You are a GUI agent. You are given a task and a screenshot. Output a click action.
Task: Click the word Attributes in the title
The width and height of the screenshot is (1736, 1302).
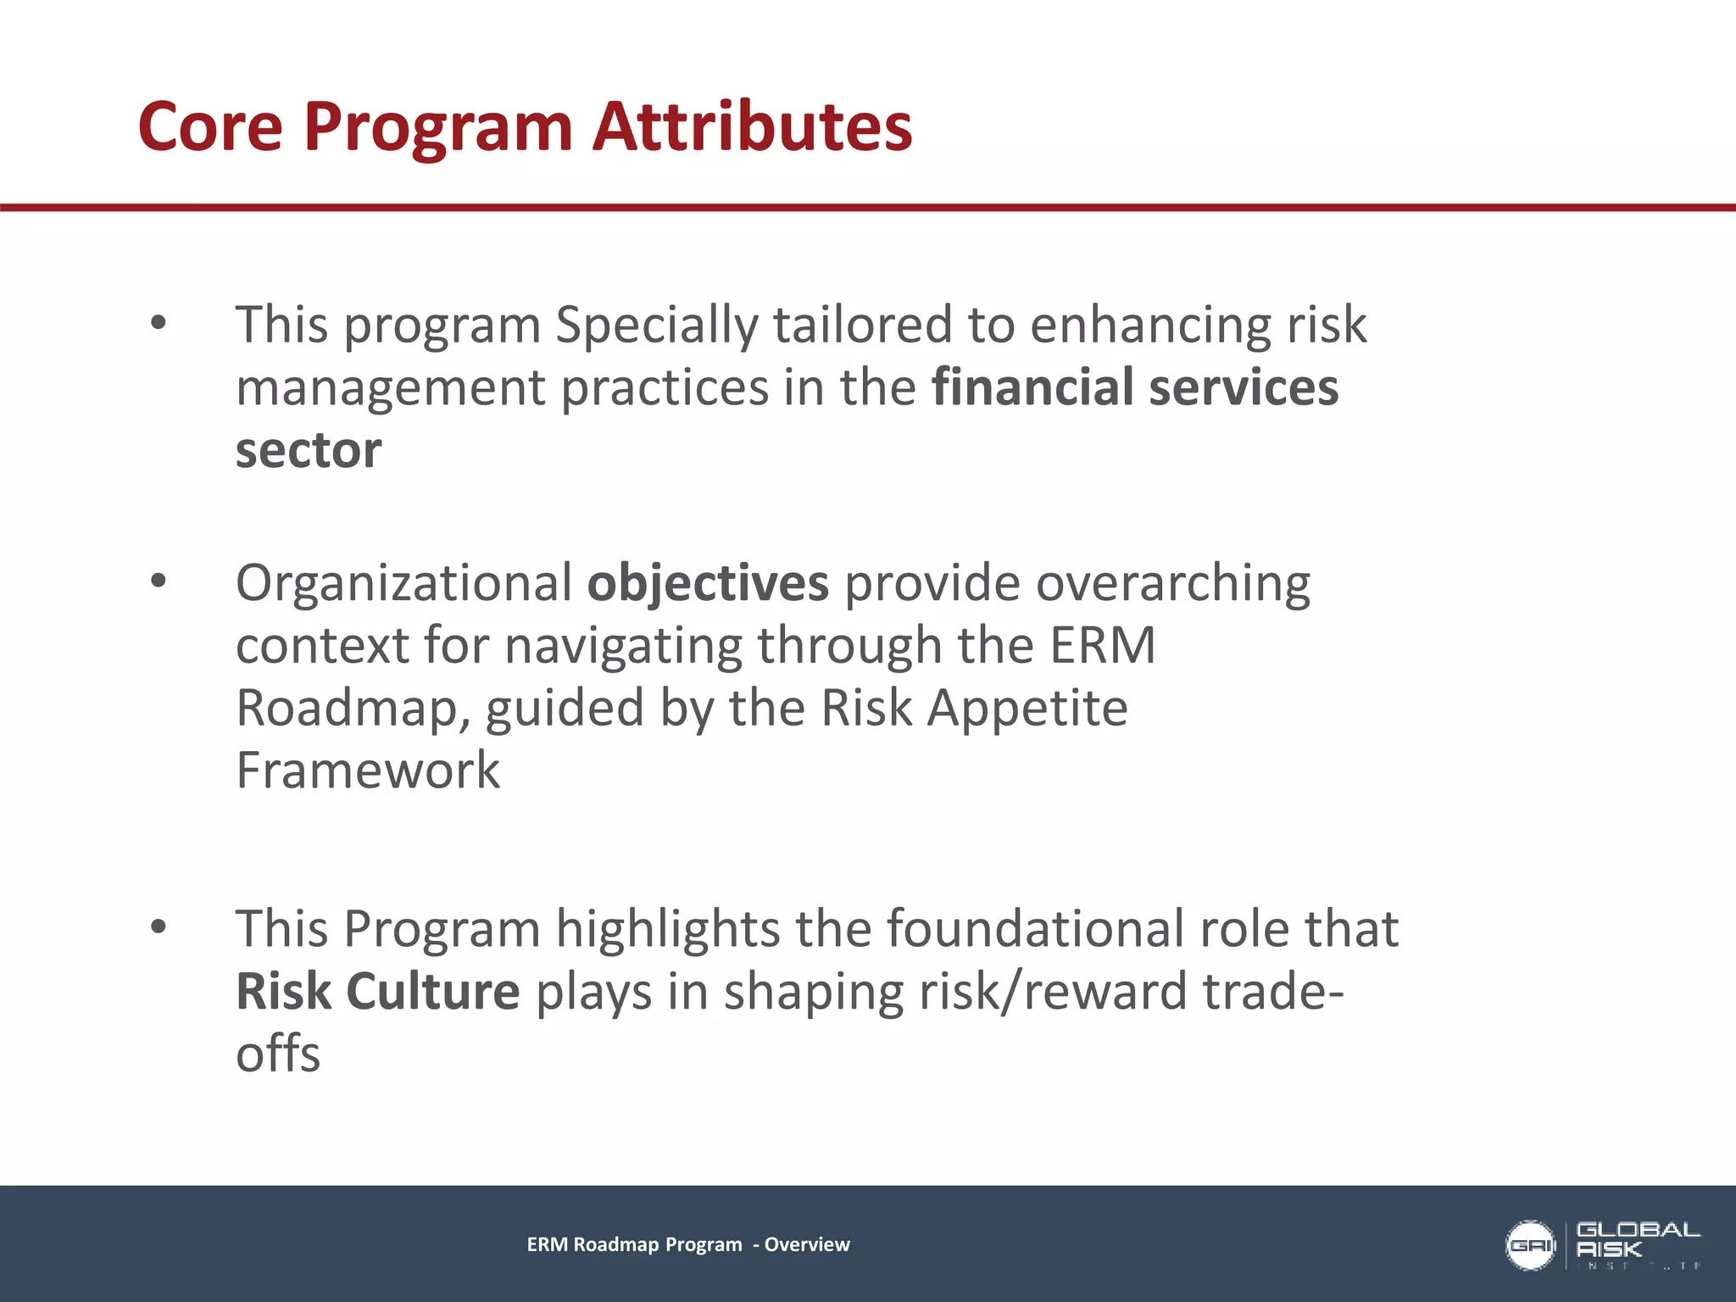coord(752,127)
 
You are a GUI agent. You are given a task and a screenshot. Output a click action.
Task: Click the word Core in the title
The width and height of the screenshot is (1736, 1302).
coord(210,127)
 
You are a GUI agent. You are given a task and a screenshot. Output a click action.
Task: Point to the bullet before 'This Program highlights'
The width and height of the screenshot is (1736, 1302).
coord(159,926)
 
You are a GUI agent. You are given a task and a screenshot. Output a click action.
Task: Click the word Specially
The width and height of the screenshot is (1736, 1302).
coord(657,325)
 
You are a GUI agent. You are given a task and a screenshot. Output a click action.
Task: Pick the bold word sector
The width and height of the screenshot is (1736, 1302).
coord(309,450)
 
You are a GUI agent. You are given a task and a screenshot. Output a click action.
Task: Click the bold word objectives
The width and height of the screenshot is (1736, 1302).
coord(708,584)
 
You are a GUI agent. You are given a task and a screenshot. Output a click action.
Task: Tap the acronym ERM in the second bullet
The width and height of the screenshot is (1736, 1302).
coord(1102,646)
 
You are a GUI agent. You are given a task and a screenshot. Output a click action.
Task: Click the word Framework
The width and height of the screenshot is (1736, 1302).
coord(368,771)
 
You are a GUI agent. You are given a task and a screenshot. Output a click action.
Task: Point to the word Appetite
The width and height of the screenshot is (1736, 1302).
coord(1027,709)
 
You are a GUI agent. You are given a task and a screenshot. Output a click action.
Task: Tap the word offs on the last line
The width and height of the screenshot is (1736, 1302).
coord(278,1054)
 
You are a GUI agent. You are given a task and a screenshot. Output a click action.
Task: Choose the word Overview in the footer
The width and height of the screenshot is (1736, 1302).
coord(806,1244)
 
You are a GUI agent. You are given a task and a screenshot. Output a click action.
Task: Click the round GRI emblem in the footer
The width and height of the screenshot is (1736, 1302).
coord(1529,1245)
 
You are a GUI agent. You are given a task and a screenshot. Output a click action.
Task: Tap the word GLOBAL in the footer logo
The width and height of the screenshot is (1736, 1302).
coord(1638,1230)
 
